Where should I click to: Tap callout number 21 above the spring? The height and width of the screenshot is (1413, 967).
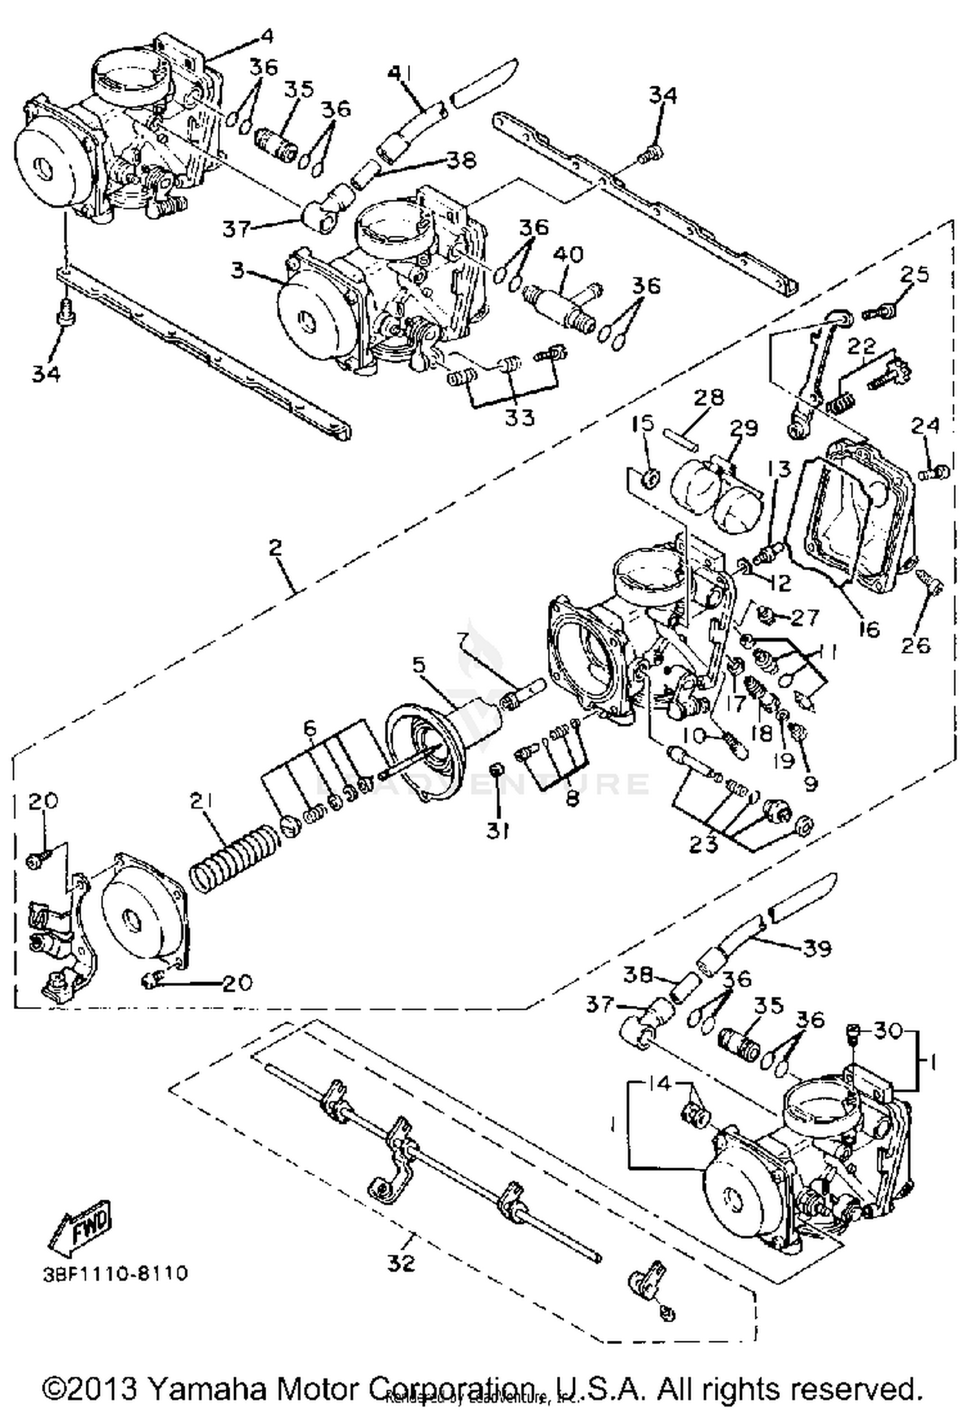tap(206, 801)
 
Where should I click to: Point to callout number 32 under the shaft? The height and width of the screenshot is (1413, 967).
tap(402, 1264)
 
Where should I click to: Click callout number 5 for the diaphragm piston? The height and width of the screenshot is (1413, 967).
tap(420, 664)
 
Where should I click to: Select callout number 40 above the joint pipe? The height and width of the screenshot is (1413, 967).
tap(568, 254)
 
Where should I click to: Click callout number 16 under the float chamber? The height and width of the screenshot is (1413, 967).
tap(868, 628)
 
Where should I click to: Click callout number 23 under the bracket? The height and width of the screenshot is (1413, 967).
tap(704, 844)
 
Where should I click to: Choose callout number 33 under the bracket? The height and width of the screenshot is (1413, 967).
tap(520, 418)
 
